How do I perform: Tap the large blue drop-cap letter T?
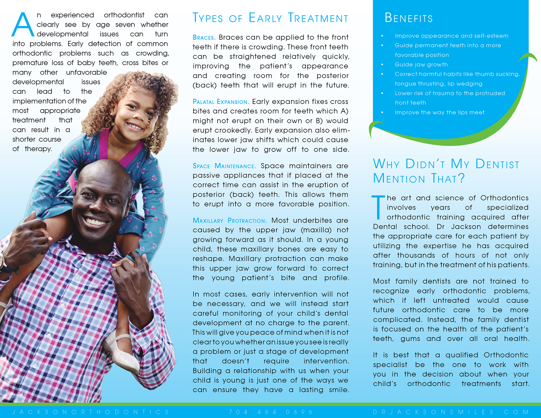(378, 207)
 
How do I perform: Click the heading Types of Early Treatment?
(270, 18)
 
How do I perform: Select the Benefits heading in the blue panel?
(409, 18)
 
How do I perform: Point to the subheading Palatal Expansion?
(221, 102)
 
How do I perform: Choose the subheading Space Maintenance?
(224, 166)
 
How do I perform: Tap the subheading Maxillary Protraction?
(229, 221)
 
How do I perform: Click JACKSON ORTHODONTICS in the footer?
(90, 412)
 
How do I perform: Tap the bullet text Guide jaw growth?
(421, 65)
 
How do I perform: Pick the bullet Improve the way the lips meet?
(439, 112)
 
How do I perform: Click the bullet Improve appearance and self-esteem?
(451, 36)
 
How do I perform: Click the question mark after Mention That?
(461, 178)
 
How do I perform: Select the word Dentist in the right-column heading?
(497, 164)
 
